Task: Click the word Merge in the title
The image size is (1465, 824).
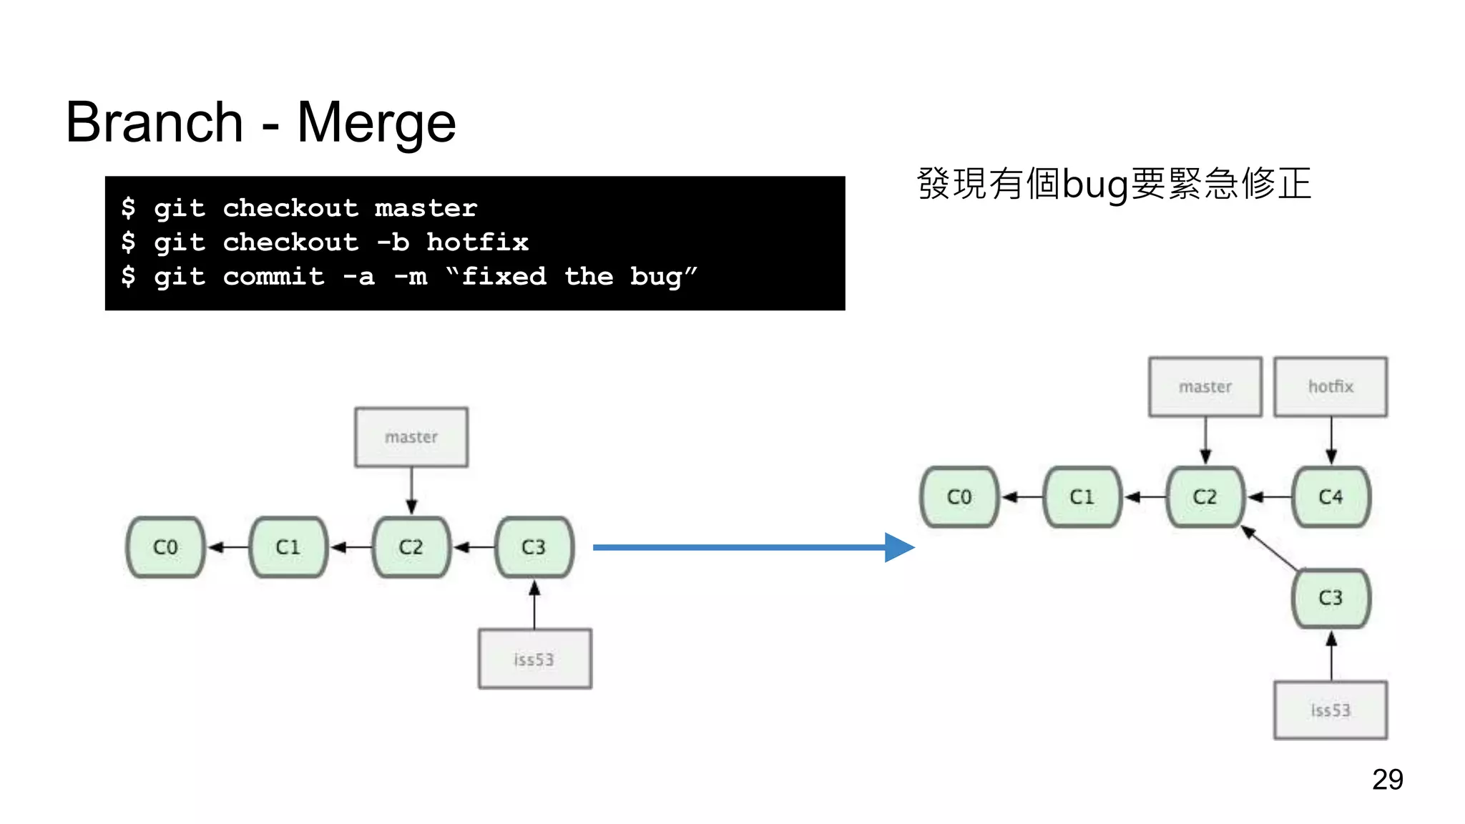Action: click(x=376, y=123)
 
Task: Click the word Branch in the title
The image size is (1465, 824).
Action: click(x=155, y=123)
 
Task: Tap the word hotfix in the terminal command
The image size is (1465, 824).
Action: click(x=477, y=242)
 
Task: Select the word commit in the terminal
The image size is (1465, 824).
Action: click(x=273, y=276)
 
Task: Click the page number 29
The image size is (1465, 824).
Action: click(x=1387, y=779)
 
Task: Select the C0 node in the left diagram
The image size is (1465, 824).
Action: click(x=165, y=547)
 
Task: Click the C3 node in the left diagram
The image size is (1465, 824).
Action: click(x=534, y=547)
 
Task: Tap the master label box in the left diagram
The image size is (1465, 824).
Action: click(x=411, y=437)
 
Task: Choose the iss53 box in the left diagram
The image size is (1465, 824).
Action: click(x=534, y=659)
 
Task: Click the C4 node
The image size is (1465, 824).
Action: click(x=1331, y=496)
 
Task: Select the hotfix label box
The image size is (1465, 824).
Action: click(x=1331, y=387)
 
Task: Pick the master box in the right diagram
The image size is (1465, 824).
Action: click(x=1205, y=387)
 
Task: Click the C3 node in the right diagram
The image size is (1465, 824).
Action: click(x=1331, y=598)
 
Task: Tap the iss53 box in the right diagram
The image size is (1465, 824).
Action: click(x=1331, y=710)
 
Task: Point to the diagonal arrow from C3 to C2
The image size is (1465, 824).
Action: click(x=1270, y=549)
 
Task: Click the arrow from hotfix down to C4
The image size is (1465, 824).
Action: click(x=1331, y=439)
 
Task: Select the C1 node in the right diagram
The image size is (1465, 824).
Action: click(x=1082, y=496)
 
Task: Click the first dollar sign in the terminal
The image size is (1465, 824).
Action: click(x=128, y=207)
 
